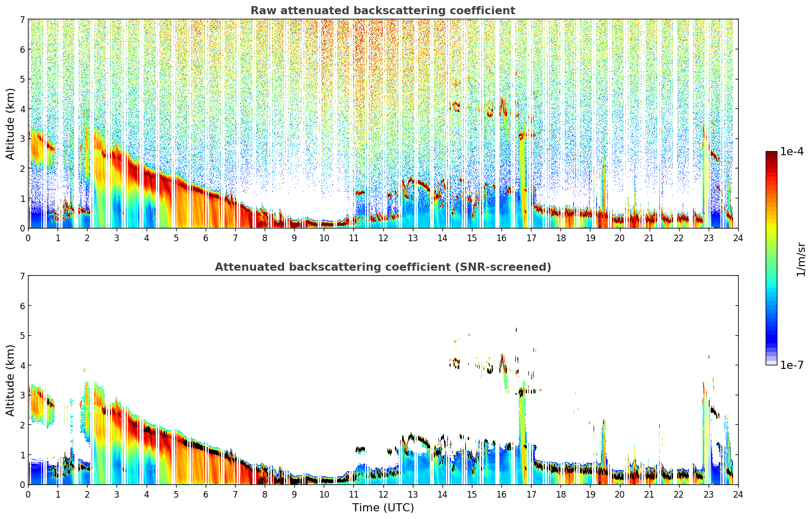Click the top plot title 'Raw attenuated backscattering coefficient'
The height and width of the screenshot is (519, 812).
coord(382,11)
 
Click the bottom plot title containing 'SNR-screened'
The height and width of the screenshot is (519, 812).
coord(382,267)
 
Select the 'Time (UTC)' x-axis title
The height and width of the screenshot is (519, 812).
coord(383,507)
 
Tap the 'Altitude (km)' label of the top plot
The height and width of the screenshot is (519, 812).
coord(11,124)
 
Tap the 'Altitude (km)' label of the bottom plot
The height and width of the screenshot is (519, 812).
coord(11,380)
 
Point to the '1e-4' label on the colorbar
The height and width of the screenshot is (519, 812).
coord(792,152)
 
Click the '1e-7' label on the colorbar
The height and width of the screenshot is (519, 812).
coord(792,365)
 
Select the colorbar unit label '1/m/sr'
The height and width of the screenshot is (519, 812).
coord(801,258)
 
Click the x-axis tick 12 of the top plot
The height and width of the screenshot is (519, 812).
coord(383,238)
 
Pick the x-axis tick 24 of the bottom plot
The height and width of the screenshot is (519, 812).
coord(738,494)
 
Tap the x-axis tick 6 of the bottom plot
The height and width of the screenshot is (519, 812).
coord(206,494)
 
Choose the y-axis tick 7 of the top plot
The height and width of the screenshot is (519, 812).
coord(22,19)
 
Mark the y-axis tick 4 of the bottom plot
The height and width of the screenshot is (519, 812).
coord(22,365)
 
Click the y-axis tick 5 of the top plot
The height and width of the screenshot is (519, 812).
coord(22,79)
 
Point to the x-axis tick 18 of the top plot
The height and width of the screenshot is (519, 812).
coord(561,238)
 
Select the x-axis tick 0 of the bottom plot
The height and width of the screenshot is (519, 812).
coord(28,494)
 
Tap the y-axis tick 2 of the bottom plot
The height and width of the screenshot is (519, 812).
coord(22,425)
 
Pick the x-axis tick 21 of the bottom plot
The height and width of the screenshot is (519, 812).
coord(649,494)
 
